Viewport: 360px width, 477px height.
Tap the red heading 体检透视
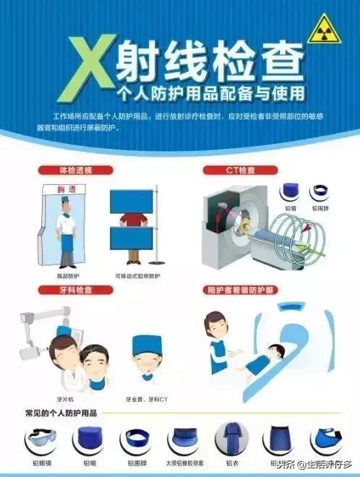click(x=76, y=170)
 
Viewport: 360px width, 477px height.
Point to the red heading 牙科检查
click(x=76, y=290)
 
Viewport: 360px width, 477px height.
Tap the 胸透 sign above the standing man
click(x=65, y=189)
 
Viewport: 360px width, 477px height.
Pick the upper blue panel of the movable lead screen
click(x=132, y=201)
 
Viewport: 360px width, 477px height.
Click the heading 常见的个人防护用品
click(x=61, y=414)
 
